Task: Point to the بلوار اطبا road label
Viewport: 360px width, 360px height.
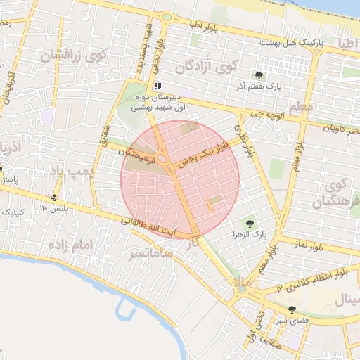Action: click(205, 25)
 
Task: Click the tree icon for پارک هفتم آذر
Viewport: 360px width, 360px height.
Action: click(259, 75)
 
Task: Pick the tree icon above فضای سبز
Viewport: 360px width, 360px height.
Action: click(292, 309)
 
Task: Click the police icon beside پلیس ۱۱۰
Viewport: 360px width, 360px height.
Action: click(54, 198)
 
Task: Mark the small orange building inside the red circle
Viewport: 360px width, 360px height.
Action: click(209, 206)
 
